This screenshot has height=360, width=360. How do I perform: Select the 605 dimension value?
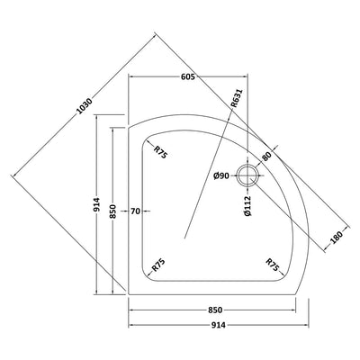(x=188, y=76)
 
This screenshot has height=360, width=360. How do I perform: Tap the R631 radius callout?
(x=237, y=99)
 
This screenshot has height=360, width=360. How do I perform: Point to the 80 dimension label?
(x=266, y=156)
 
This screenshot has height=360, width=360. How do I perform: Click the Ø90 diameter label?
(x=221, y=175)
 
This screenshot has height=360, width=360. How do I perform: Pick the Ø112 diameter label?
(x=247, y=206)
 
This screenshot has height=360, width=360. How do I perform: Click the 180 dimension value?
(x=337, y=238)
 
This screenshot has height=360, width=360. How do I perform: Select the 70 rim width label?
(x=135, y=211)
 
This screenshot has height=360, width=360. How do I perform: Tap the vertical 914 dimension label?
(x=97, y=204)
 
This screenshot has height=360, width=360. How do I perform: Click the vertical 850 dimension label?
(x=113, y=211)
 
